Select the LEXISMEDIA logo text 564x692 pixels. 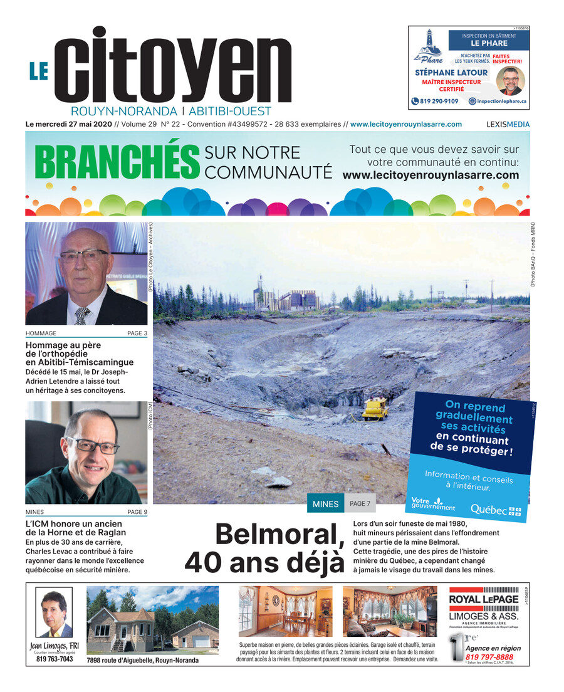point(508,125)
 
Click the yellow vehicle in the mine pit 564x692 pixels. point(376,409)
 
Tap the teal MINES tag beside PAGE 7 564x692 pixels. point(325,504)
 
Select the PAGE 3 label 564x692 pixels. point(137,333)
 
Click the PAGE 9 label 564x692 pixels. point(137,512)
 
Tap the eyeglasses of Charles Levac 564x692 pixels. point(92,445)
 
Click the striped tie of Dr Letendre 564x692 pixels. point(82,315)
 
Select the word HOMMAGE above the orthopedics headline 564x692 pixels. point(41,333)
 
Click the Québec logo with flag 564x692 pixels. point(496,510)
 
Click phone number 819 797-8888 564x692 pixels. point(489,657)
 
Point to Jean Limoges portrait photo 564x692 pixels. point(54,612)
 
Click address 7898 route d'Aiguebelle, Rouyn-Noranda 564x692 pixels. point(142,660)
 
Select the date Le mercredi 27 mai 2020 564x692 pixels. point(68,124)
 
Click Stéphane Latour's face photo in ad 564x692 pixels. point(510,80)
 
